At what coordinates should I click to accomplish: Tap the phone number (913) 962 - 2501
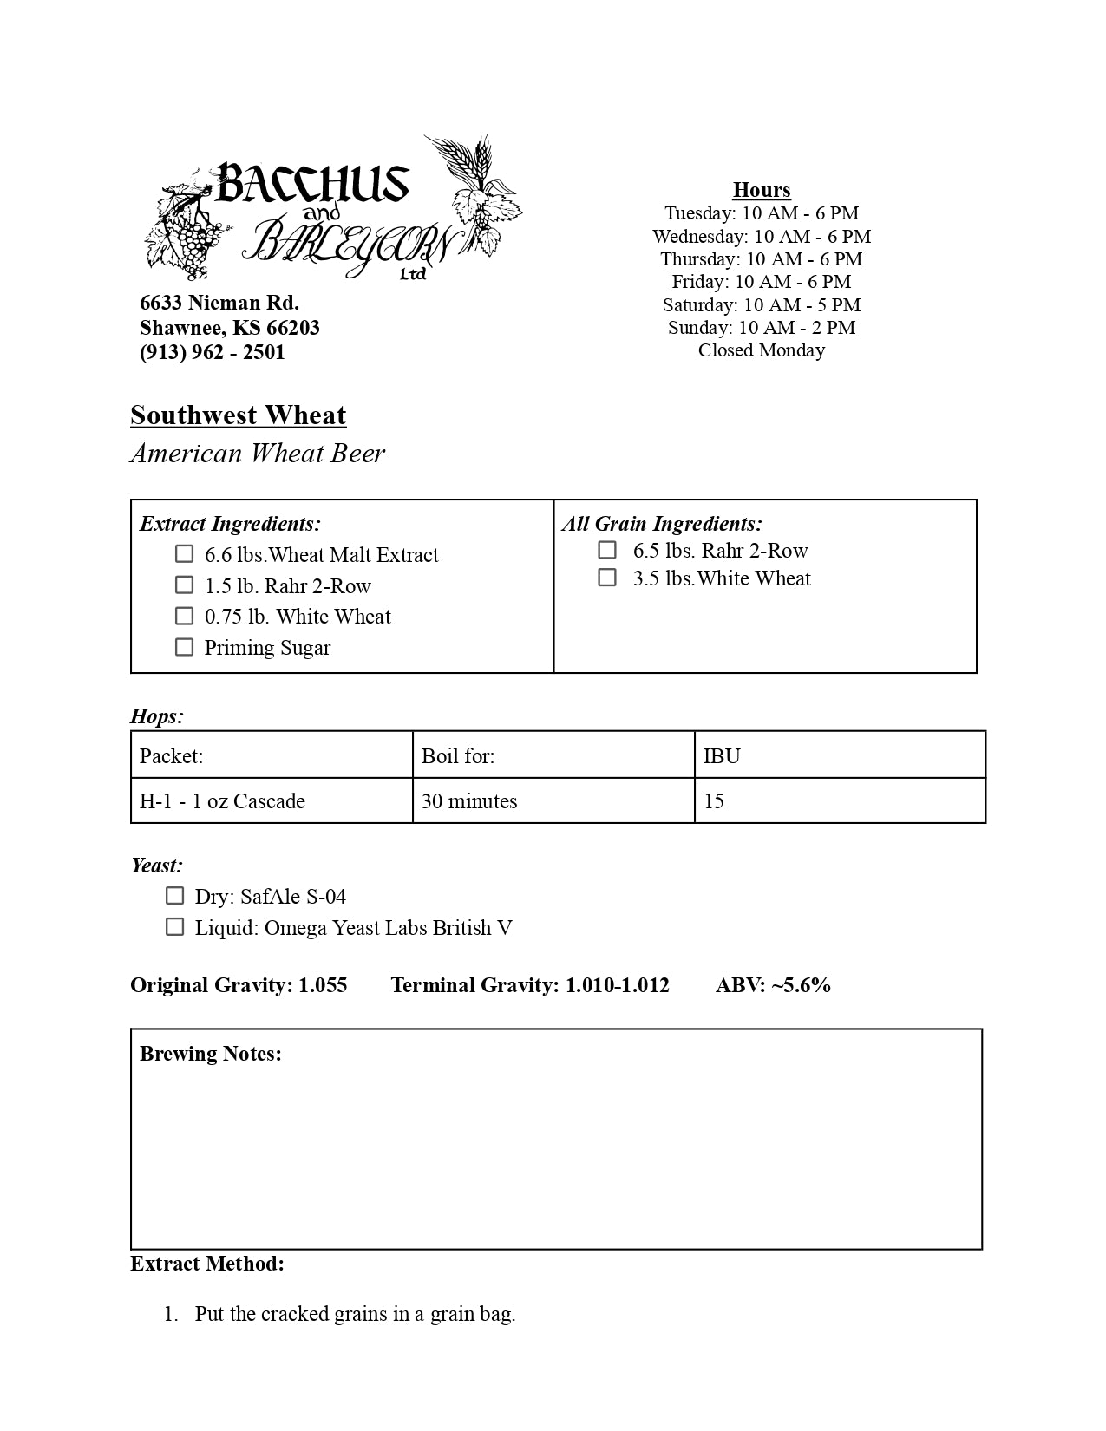point(213,352)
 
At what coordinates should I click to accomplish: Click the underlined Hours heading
point(761,190)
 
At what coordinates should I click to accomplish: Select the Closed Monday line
point(761,350)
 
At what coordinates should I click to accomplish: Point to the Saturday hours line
point(761,305)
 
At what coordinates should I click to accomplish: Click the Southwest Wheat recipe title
point(238,415)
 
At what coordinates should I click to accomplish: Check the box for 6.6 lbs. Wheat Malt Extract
point(184,553)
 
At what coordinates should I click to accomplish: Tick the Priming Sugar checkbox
point(184,647)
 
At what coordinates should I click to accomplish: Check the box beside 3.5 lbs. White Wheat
point(607,578)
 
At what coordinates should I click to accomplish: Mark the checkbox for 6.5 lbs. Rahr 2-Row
point(607,550)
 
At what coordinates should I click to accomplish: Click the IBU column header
point(722,756)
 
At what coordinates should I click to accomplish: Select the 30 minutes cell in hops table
point(469,801)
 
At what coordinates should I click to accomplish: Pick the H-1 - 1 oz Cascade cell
point(222,801)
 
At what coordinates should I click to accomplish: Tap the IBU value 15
point(714,801)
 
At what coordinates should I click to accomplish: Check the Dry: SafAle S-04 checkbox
point(174,896)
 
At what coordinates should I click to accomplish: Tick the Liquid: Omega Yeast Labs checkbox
point(174,927)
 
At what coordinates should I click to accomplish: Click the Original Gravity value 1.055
point(323,985)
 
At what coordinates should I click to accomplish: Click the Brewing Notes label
point(211,1054)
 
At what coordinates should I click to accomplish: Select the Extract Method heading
point(207,1264)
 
